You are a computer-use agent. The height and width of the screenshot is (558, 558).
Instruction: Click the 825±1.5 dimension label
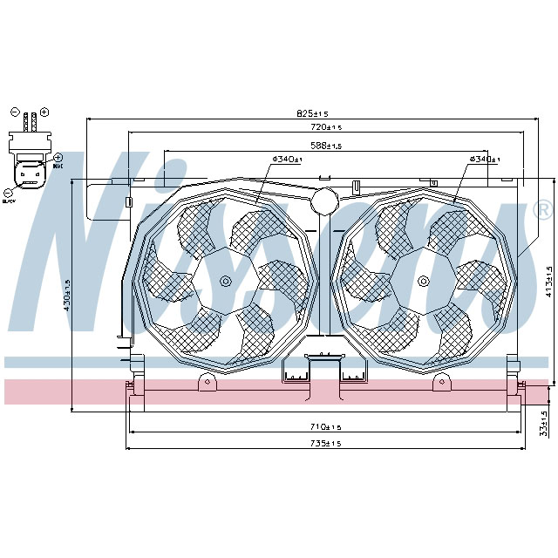[312, 113]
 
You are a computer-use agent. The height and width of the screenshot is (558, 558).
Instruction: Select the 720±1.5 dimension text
[324, 127]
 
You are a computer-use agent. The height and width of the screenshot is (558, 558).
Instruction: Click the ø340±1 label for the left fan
[287, 160]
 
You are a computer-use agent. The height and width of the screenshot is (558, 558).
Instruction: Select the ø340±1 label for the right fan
[484, 159]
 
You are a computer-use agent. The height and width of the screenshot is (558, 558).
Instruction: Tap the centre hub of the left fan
[226, 281]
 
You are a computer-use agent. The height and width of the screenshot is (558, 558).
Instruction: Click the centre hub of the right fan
[423, 281]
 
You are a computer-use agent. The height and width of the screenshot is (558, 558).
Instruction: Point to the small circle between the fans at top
[324, 200]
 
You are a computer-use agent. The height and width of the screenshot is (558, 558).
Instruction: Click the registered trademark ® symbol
[541, 210]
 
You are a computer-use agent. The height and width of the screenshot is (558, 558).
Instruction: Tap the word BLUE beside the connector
[58, 165]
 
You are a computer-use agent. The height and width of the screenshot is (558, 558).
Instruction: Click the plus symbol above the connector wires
[44, 112]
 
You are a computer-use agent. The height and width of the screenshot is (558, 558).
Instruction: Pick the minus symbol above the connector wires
[14, 112]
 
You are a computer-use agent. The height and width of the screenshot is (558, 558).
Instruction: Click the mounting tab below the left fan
[207, 382]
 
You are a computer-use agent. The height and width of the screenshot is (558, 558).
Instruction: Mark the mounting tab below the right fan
[442, 382]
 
